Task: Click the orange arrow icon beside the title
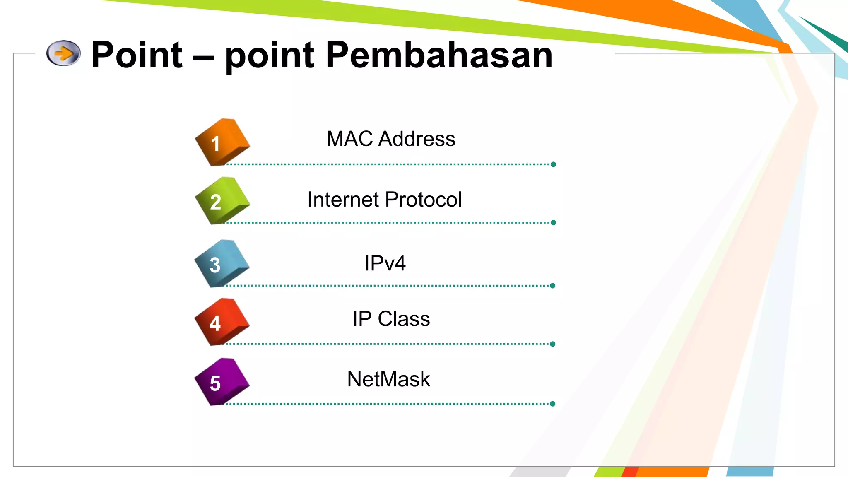pyautogui.click(x=63, y=53)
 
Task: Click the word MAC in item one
pyautogui.click(x=349, y=139)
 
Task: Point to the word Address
pyautogui.click(x=417, y=139)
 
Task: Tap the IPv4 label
pyautogui.click(x=385, y=263)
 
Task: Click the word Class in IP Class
pyautogui.click(x=404, y=319)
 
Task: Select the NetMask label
pyautogui.click(x=388, y=379)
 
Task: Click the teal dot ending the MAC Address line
pyautogui.click(x=553, y=164)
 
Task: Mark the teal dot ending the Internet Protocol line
pyautogui.click(x=553, y=223)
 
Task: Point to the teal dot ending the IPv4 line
pyautogui.click(x=553, y=286)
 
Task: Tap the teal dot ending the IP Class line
pyautogui.click(x=553, y=344)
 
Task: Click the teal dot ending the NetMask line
pyautogui.click(x=553, y=404)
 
